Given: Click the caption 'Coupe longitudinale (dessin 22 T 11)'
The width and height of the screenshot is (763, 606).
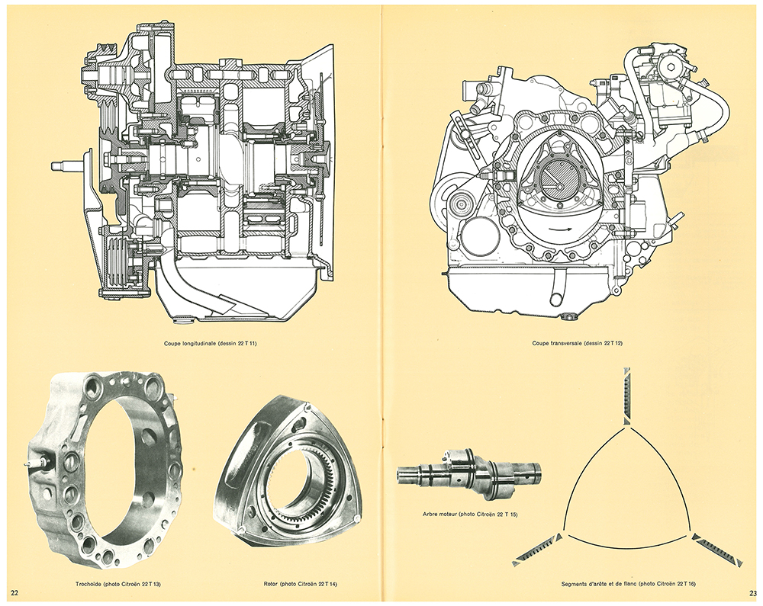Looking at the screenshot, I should (211, 344).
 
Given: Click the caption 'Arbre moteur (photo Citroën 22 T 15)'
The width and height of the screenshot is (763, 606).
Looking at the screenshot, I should (469, 515).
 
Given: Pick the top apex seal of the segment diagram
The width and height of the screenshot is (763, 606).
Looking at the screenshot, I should (627, 395).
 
